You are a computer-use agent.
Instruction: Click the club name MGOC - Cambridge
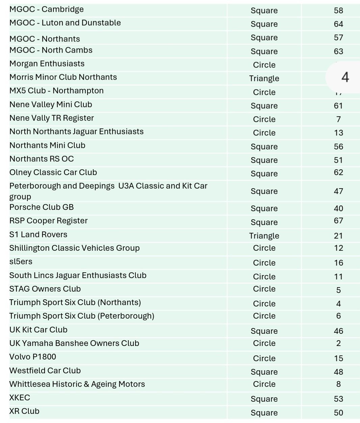coord(47,9)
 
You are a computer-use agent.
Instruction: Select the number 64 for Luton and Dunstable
coord(338,24)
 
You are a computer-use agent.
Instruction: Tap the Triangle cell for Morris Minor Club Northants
coord(264,78)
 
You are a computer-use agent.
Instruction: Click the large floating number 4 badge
coord(345,77)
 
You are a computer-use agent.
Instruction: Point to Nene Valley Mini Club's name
coord(51,105)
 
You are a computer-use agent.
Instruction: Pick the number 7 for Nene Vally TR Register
coord(338,119)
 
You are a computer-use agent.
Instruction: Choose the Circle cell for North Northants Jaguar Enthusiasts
coord(264,133)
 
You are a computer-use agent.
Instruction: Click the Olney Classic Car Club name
coord(53,172)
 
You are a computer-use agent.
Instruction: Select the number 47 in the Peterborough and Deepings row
coord(338,191)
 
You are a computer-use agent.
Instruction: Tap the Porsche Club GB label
coord(42,207)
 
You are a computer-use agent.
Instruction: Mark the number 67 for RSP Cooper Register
coord(338,221)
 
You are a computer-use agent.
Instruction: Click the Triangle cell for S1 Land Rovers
coord(264,236)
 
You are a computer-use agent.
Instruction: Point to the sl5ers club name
coord(21,262)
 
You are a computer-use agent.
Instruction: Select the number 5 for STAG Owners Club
coord(338,290)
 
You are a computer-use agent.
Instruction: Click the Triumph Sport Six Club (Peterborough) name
coord(82,316)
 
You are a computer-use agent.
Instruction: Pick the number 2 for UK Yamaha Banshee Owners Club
coord(338,343)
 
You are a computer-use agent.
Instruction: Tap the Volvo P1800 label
coord(33,357)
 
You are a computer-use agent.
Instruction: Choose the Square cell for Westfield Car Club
coord(264,372)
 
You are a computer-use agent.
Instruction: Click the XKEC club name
coord(20,398)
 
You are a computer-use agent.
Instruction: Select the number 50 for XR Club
coord(338,413)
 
